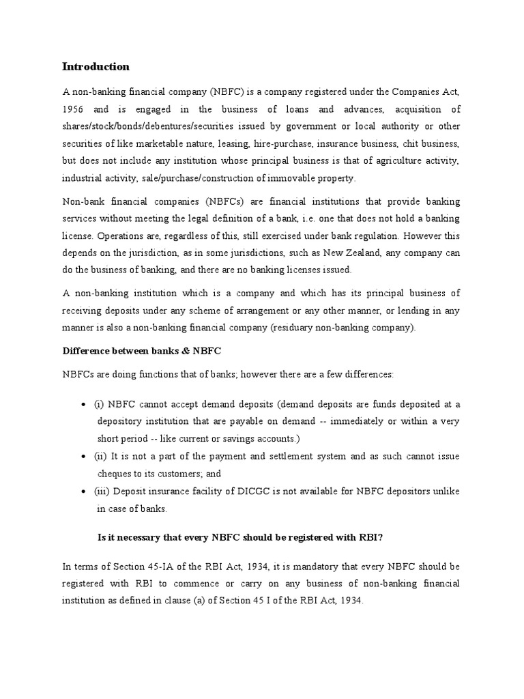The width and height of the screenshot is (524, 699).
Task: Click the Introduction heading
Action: (96, 67)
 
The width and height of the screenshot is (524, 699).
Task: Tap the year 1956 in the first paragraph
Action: (74, 109)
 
